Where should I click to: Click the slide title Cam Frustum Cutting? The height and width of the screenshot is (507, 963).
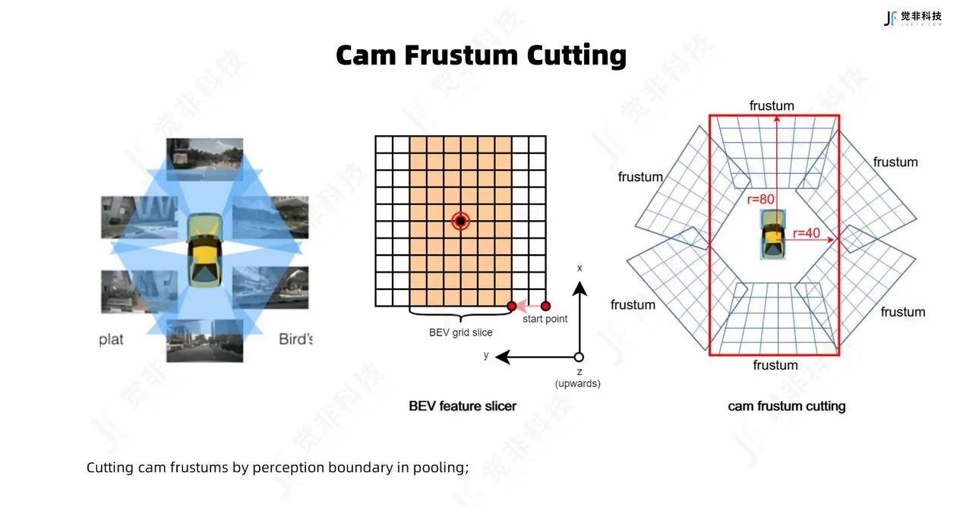pyautogui.click(x=481, y=55)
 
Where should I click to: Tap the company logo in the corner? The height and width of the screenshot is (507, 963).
pyautogui.click(x=912, y=17)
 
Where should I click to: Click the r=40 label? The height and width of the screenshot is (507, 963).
pyautogui.click(x=807, y=233)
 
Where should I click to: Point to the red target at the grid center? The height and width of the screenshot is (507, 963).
pyautogui.click(x=460, y=221)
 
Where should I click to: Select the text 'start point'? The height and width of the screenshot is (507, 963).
pyautogui.click(x=545, y=319)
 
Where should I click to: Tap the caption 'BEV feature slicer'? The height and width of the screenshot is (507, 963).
pyautogui.click(x=463, y=406)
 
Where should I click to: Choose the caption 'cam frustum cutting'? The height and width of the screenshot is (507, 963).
pyautogui.click(x=786, y=406)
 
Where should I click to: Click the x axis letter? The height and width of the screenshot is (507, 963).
pyautogui.click(x=579, y=268)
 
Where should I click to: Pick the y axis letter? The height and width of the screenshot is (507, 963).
pyautogui.click(x=486, y=355)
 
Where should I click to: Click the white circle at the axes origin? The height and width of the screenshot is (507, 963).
pyautogui.click(x=579, y=357)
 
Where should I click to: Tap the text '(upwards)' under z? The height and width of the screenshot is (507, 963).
pyautogui.click(x=578, y=383)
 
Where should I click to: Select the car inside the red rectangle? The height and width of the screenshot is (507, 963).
pyautogui.click(x=772, y=235)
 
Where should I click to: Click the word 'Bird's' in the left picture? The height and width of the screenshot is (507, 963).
pyautogui.click(x=295, y=339)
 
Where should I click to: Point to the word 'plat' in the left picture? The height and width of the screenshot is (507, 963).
pyautogui.click(x=111, y=339)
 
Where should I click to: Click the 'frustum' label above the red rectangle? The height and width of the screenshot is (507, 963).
pyautogui.click(x=772, y=106)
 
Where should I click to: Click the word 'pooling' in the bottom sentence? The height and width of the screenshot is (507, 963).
pyautogui.click(x=439, y=467)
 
